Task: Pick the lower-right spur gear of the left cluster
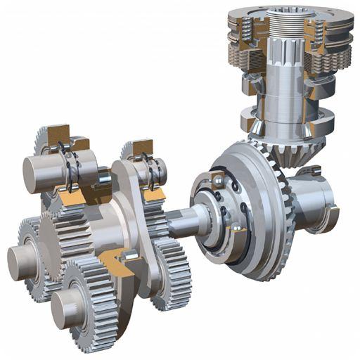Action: [172, 274]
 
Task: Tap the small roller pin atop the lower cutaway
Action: [126, 255]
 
